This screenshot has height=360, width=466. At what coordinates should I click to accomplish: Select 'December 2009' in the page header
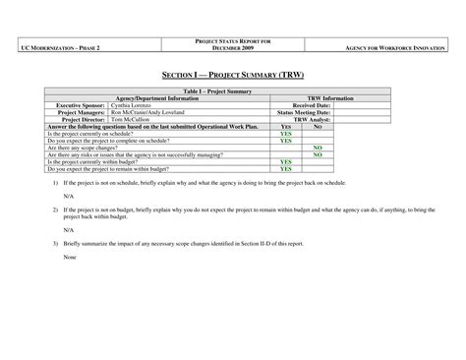click(232, 47)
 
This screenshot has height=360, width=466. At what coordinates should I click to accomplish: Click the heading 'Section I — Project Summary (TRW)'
click(232, 75)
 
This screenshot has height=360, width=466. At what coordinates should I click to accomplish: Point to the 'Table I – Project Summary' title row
click(232, 91)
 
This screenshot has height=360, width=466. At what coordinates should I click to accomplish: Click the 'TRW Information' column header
click(331, 98)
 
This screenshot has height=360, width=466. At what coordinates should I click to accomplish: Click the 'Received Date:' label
click(312, 105)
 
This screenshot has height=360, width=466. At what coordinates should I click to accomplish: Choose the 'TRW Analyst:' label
click(314, 119)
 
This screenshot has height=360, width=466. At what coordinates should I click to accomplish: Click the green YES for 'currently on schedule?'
click(286, 134)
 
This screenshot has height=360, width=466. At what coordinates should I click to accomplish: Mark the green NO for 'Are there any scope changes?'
click(318, 148)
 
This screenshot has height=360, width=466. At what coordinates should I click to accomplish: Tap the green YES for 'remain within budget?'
click(286, 168)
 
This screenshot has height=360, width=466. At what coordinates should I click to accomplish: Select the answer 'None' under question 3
click(69, 257)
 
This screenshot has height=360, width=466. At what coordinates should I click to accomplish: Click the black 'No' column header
click(318, 127)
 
